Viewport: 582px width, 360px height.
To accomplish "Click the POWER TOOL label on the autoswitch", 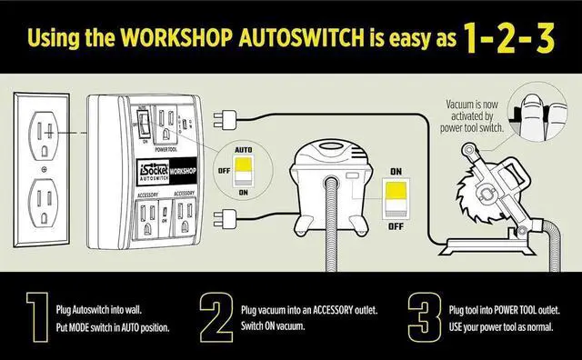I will pos(166,147).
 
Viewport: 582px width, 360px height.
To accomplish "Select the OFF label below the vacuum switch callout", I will pos(396,225).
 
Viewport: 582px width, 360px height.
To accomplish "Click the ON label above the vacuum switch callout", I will pos(396,170).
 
